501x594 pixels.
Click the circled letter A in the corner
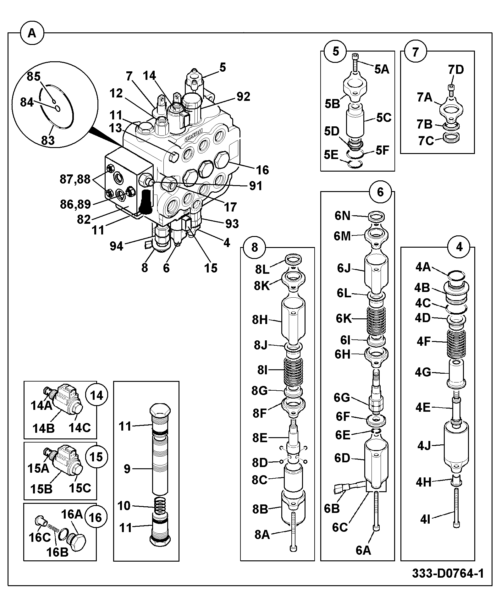(x=32, y=33)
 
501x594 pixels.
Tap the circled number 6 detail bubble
(x=380, y=192)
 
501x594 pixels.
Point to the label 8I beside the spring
(x=262, y=370)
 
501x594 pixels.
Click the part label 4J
(x=424, y=446)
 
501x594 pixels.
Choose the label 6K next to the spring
(x=344, y=318)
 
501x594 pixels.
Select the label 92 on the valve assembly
(x=243, y=96)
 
